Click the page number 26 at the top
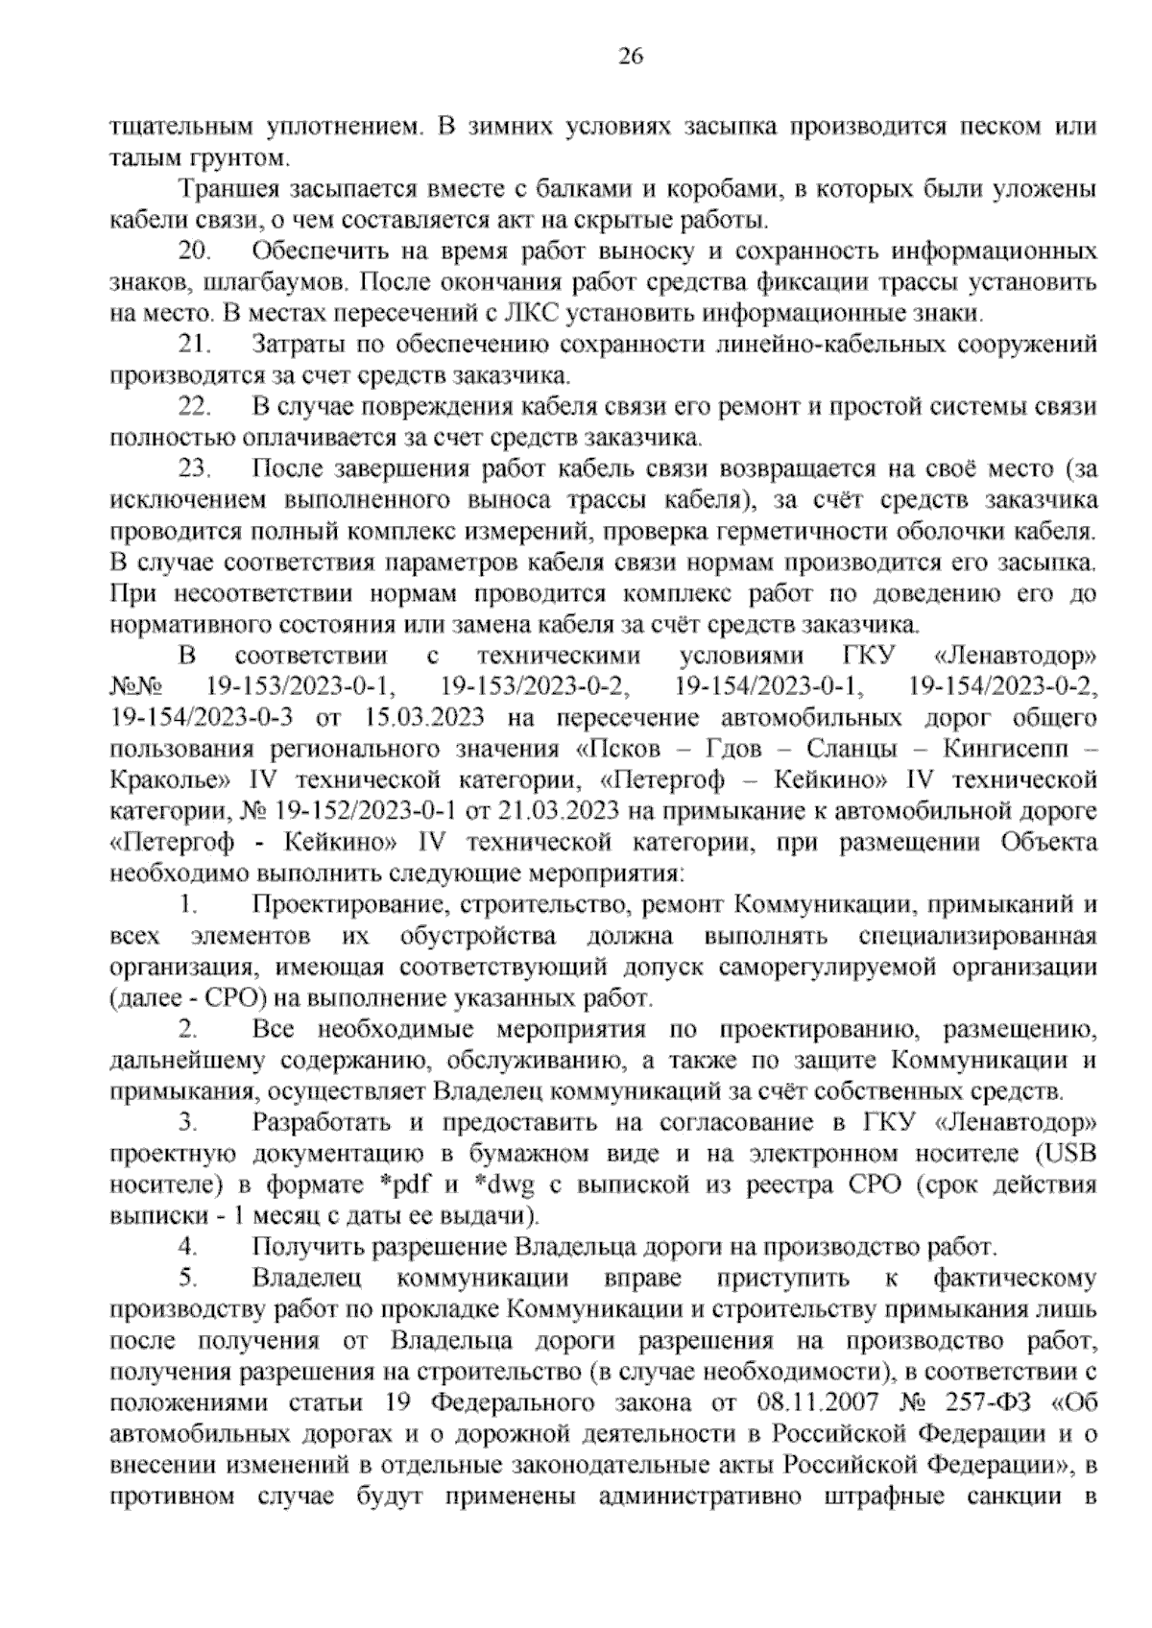click(x=630, y=56)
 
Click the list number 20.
click(x=196, y=251)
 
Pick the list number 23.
click(x=196, y=469)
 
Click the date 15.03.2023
click(x=425, y=718)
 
